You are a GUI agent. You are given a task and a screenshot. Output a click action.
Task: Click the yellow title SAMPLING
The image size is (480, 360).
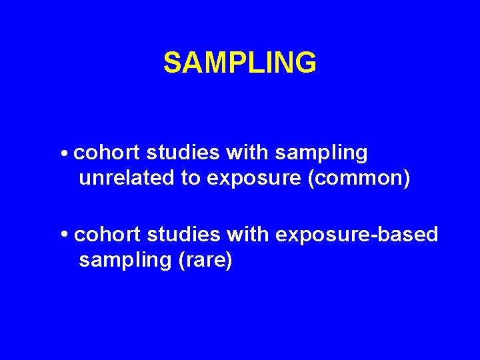[x=240, y=63]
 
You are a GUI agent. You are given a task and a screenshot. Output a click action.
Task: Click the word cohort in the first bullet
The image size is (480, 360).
[x=107, y=153]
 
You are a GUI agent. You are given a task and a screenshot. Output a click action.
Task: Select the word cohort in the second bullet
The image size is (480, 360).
[x=107, y=235]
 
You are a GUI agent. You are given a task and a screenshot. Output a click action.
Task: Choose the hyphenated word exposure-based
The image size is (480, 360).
[x=357, y=235]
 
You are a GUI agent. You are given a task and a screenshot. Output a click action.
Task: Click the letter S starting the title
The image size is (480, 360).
[x=172, y=63]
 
